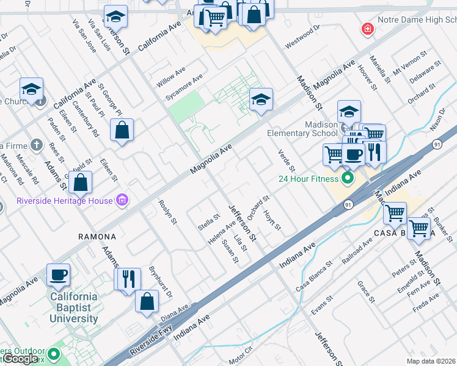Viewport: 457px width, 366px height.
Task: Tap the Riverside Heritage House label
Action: pos(65,201)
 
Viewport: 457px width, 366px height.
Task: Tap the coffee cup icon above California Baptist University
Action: pos(59,275)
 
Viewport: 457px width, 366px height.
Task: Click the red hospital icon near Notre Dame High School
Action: pos(367,28)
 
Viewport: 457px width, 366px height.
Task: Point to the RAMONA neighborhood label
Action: pos(97,236)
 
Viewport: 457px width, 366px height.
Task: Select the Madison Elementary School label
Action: pos(302,129)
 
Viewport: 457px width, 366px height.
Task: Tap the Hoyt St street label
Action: pos(272,220)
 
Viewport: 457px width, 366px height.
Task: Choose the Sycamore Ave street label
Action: pos(184,89)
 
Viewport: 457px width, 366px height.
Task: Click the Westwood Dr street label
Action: pos(302,36)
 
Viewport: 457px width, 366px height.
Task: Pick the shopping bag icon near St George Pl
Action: pos(122,129)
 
